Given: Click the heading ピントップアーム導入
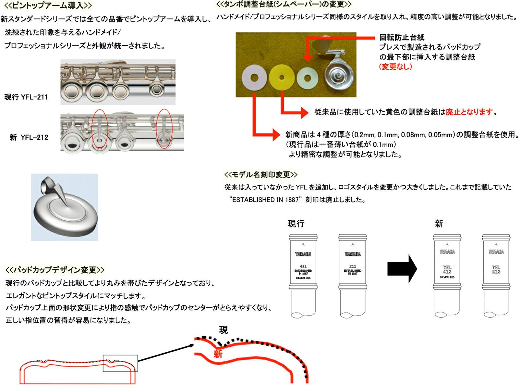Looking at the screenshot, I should coord(48,6).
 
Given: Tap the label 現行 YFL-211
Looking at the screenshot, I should coord(26,97).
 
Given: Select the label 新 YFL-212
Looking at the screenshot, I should coord(29,137).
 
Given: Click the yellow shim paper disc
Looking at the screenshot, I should coord(282,77).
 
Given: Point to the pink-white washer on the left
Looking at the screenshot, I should coord(254,78).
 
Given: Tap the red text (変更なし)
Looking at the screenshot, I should coord(395,67).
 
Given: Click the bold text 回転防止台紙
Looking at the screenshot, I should coord(402,37).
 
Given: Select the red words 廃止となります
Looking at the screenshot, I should coord(469,112).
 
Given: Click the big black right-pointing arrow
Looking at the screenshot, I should coord(402,269).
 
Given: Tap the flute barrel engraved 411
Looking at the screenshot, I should coord(303,275).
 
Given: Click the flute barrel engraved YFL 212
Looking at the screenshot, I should coord(496,275).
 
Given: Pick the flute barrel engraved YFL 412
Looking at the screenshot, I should coord(447,275).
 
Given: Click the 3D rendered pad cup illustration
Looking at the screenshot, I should coord(65,207).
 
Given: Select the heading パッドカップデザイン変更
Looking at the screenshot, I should coord(55,270).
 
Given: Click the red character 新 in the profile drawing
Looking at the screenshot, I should coord(218,354).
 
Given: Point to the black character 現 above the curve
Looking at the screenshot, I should coord(223,330).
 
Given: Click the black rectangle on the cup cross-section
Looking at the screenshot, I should coord(120,363).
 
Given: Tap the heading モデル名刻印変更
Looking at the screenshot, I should coord(260,175).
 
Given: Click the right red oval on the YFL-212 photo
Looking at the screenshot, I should coord(164,129).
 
